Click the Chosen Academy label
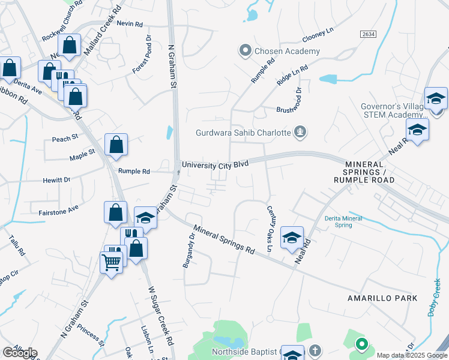pos(287,52)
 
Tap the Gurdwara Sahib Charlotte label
pos(244,133)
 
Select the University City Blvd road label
pos(215,164)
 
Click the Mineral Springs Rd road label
pos(224,239)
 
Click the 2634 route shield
pos(369,35)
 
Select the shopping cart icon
pos(112,262)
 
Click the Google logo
pos(20,353)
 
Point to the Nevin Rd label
pos(130,24)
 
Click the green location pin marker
pos(361,344)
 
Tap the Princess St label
pos(91,335)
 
